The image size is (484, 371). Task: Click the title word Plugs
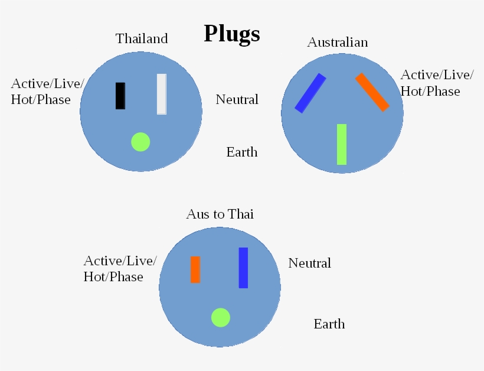pyautogui.click(x=231, y=34)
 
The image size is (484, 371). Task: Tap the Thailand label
pyautogui.click(x=142, y=39)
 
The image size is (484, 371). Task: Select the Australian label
pyautogui.click(x=338, y=43)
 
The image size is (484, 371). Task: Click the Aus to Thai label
pyautogui.click(x=220, y=214)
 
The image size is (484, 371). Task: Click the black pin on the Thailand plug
pyautogui.click(x=120, y=96)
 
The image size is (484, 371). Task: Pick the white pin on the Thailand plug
pyautogui.click(x=161, y=94)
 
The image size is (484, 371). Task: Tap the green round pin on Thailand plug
pyautogui.click(x=140, y=142)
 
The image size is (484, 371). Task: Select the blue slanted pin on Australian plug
pyautogui.click(x=310, y=93)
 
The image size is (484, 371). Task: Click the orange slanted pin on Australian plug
pyautogui.click(x=372, y=92)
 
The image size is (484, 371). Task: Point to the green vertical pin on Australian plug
pyautogui.click(x=342, y=144)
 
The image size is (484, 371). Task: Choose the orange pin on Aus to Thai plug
pyautogui.click(x=195, y=269)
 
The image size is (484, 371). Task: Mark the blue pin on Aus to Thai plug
pyautogui.click(x=243, y=268)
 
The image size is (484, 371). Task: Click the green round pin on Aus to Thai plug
pyautogui.click(x=221, y=317)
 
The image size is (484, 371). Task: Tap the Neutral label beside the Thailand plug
pyautogui.click(x=237, y=100)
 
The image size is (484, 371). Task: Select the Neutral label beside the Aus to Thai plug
pyautogui.click(x=309, y=263)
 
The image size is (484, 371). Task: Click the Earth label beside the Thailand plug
pyautogui.click(x=242, y=152)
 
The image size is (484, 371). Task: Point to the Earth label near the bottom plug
pyautogui.click(x=329, y=324)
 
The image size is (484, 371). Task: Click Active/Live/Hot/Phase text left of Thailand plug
pyautogui.click(x=47, y=91)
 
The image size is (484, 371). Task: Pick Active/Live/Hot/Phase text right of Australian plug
pyautogui.click(x=436, y=83)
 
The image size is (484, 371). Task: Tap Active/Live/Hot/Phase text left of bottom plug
pyautogui.click(x=120, y=269)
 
